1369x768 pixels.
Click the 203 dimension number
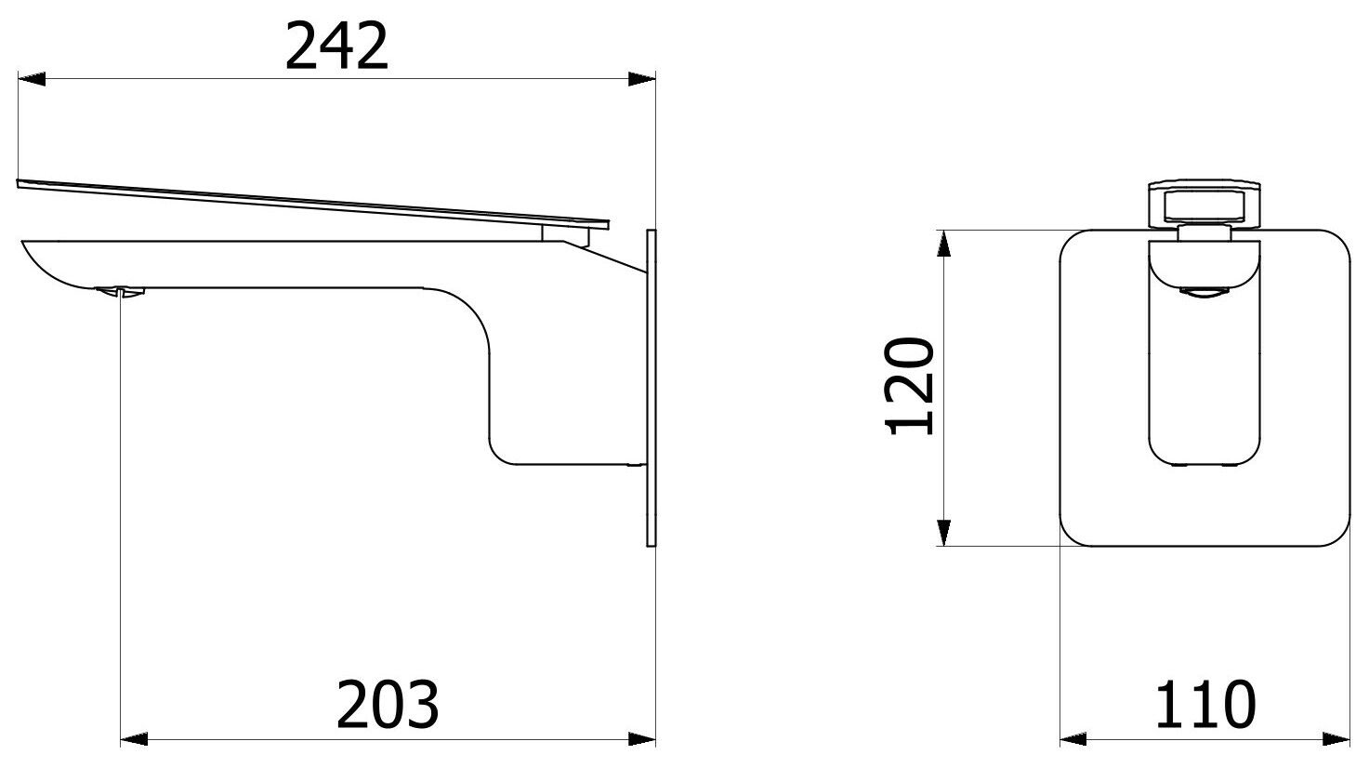click(x=388, y=704)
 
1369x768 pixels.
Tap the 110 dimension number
click(x=1205, y=704)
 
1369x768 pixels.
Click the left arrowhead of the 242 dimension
click(x=32, y=80)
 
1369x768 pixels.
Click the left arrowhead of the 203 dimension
click(x=135, y=739)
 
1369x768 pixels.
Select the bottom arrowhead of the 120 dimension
click(x=943, y=531)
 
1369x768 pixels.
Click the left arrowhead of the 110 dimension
click(x=1074, y=739)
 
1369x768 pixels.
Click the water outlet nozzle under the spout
click(x=121, y=292)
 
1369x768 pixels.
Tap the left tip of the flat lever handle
click(x=24, y=184)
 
